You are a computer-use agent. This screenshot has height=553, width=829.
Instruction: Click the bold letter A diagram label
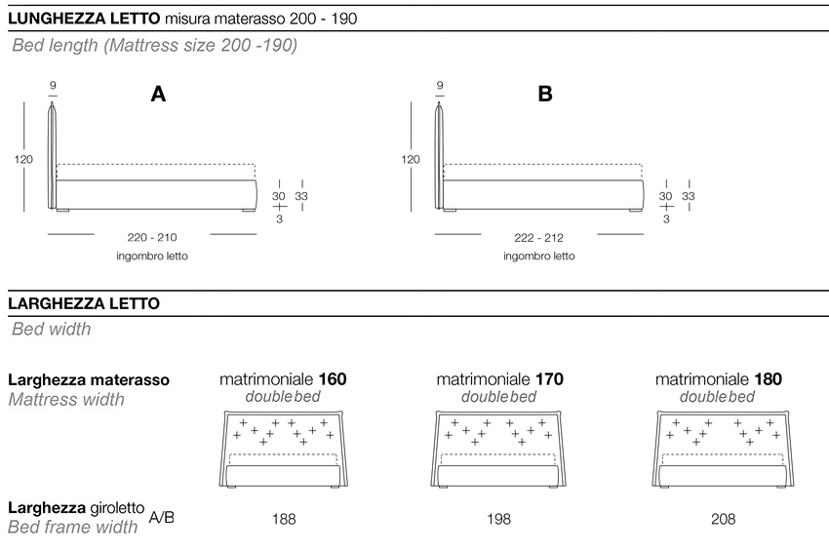point(158,94)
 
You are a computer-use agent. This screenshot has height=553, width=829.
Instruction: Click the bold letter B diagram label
point(545,94)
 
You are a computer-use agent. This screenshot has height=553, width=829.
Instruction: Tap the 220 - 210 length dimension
point(152,237)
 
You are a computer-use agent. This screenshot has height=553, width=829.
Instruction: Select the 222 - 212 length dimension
point(538,237)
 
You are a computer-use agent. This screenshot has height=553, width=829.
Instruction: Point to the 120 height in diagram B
point(411,159)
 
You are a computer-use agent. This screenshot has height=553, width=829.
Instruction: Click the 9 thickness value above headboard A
point(53,86)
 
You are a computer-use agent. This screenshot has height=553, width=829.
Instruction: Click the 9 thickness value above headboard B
point(440,86)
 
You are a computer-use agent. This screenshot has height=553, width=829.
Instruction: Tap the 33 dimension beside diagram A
point(302,196)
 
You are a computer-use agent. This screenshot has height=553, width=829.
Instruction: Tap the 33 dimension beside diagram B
point(689,196)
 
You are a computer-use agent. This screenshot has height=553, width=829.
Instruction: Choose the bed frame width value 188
point(284,520)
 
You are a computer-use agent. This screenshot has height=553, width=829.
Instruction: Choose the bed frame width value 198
point(498,520)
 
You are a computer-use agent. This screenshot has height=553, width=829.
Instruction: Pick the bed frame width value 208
point(723,520)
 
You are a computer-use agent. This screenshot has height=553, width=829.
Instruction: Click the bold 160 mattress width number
point(332,379)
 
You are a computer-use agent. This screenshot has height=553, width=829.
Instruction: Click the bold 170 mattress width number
point(548,379)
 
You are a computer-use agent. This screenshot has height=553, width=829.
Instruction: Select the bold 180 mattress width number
point(768,379)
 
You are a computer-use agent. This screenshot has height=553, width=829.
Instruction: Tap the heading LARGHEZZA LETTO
point(83,303)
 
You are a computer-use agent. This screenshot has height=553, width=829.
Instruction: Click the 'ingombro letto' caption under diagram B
point(538,257)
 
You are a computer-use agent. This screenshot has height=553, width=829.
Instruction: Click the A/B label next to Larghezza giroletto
point(162,517)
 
